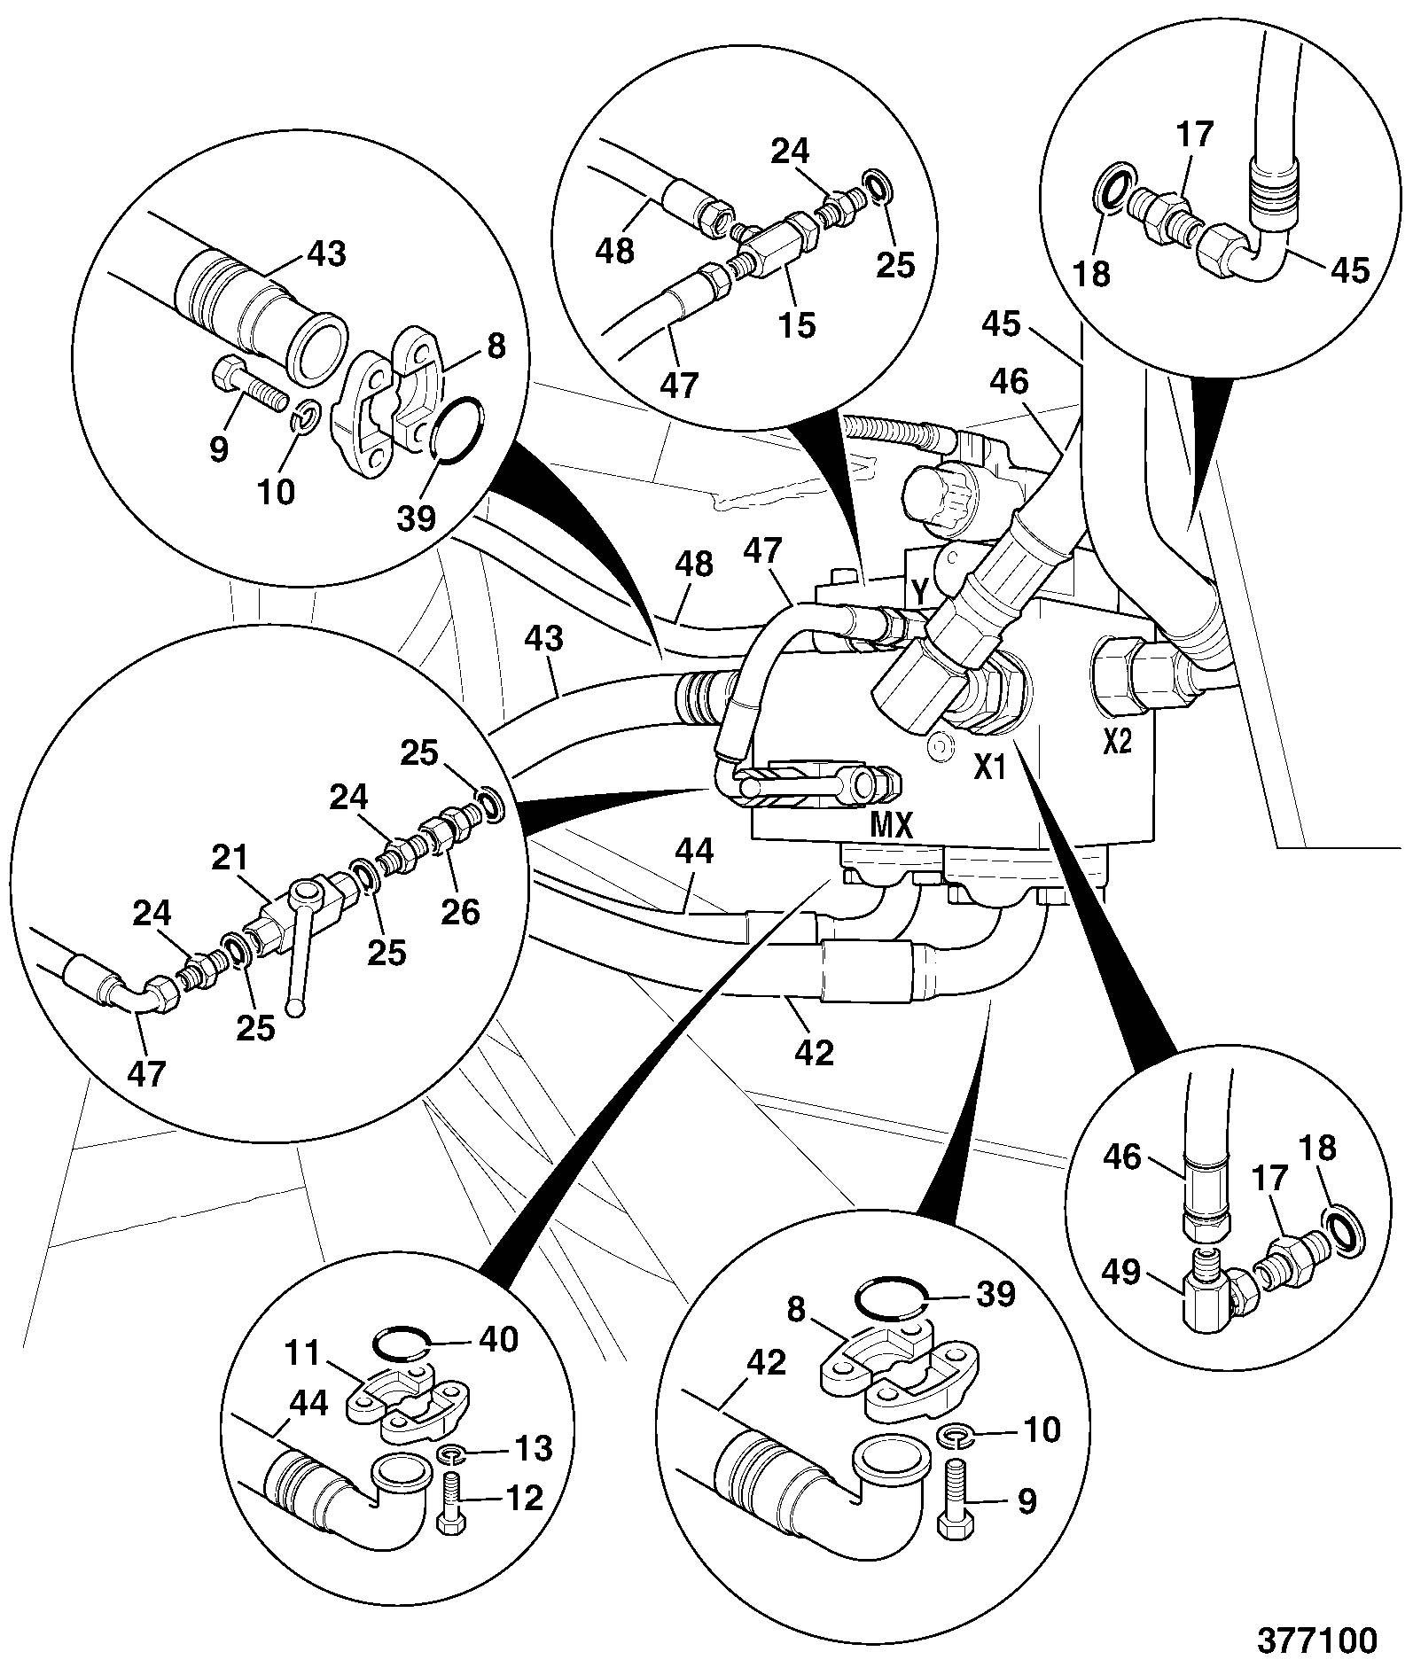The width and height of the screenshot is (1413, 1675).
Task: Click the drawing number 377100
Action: click(x=1318, y=1640)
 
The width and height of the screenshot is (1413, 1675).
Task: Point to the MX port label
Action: click(x=891, y=827)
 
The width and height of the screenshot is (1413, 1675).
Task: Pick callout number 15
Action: click(x=797, y=324)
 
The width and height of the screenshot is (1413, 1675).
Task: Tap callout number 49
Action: click(x=1120, y=1274)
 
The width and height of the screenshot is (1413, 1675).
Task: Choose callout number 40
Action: click(x=497, y=1339)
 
